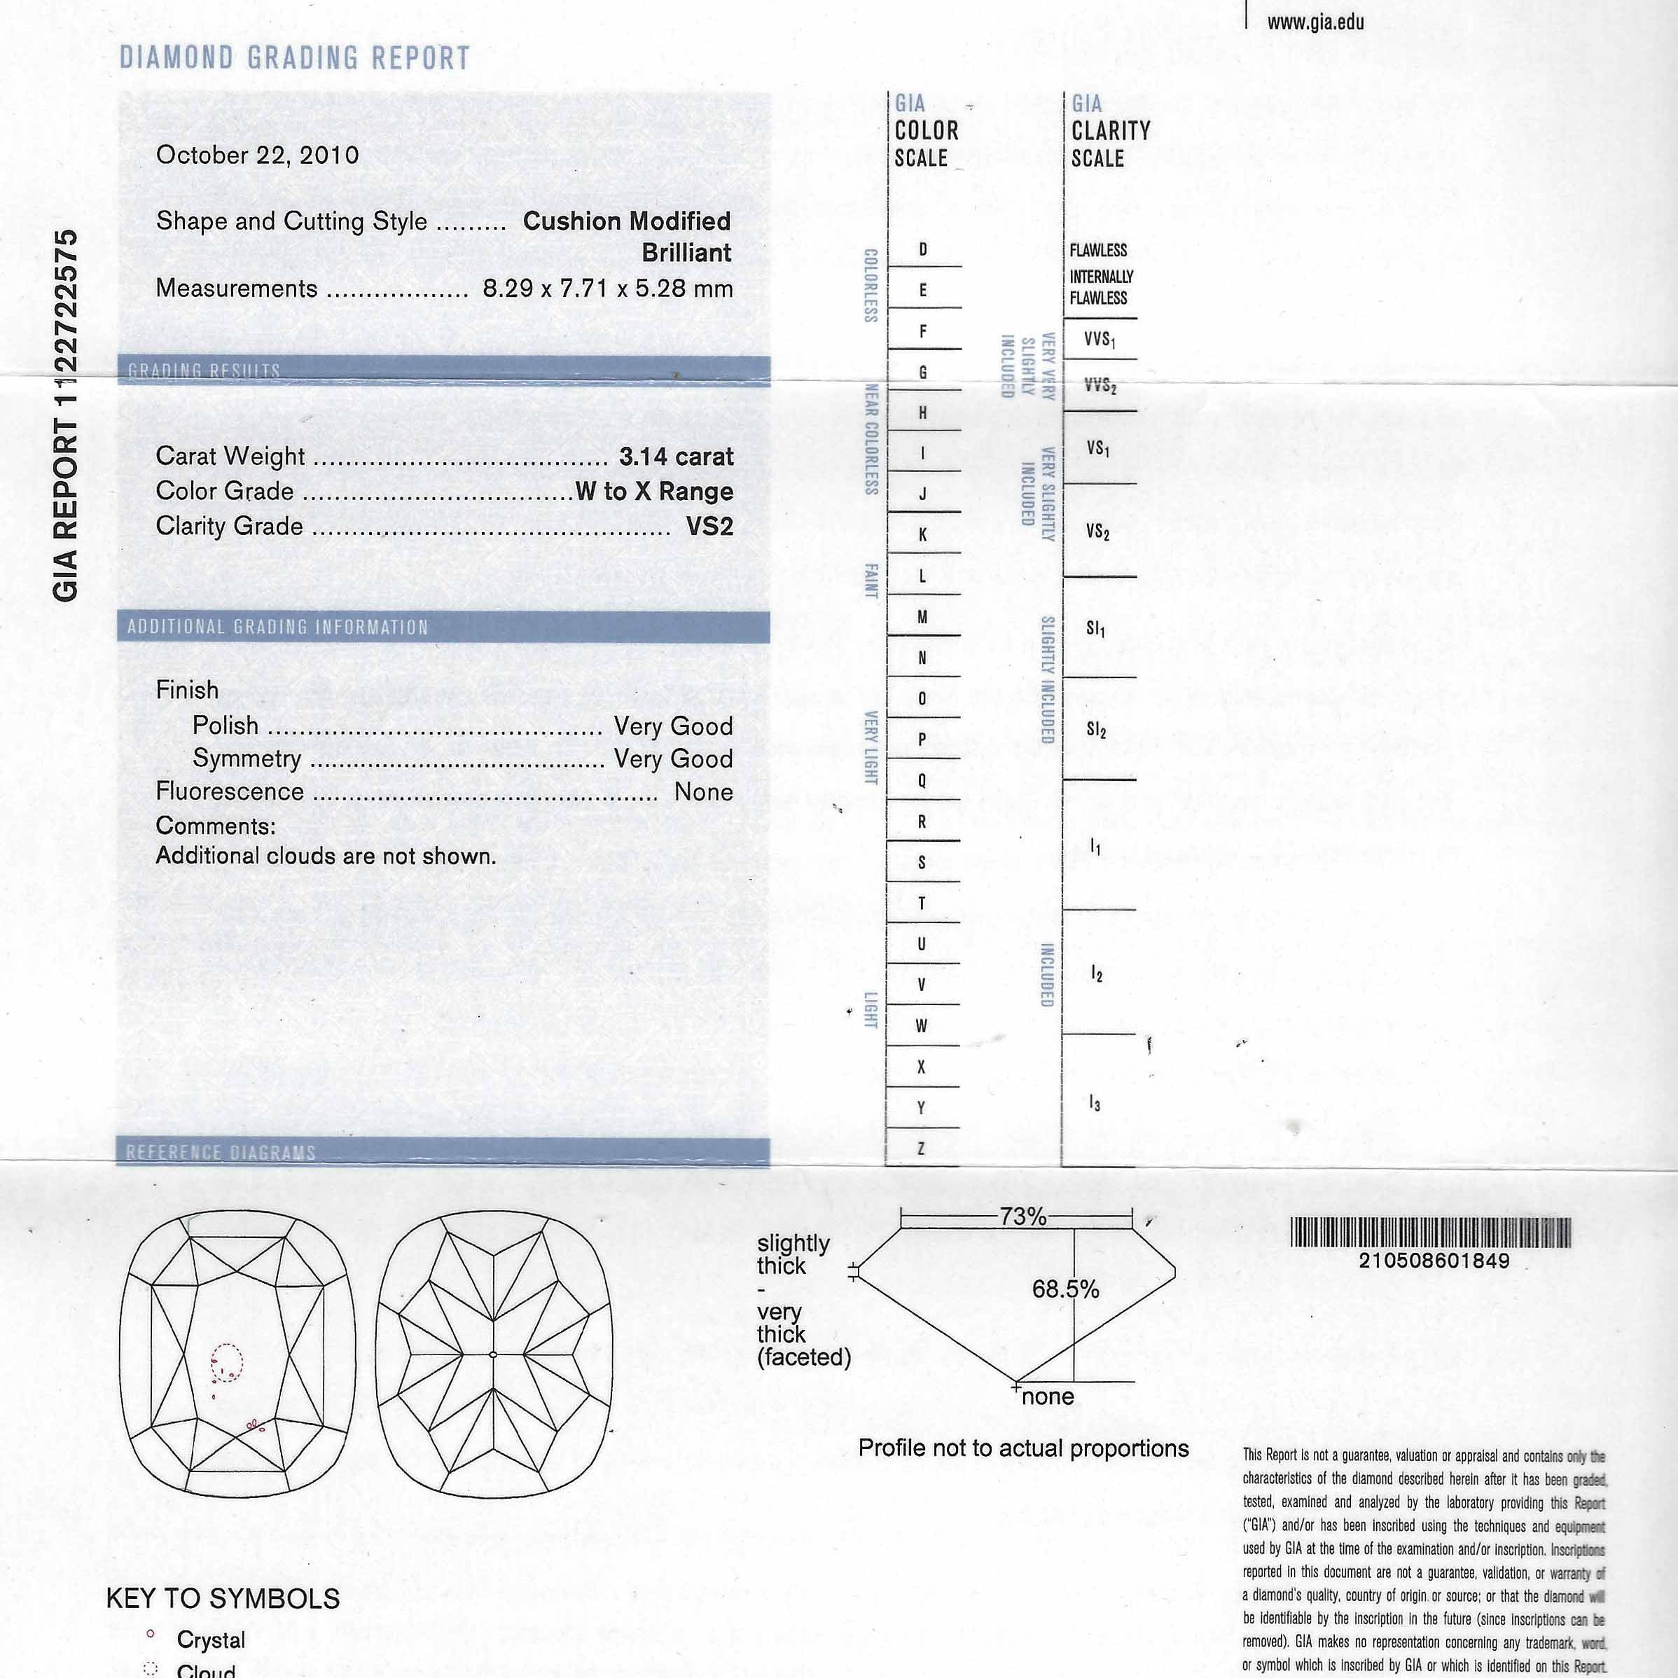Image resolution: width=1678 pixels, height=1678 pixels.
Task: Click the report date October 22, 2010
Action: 257,155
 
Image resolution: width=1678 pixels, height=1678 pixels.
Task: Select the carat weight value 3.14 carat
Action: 676,457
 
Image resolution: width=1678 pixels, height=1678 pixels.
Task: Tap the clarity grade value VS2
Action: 709,527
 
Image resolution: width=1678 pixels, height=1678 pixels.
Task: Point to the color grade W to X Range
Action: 654,492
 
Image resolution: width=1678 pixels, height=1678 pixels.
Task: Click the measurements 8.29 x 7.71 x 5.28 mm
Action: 608,289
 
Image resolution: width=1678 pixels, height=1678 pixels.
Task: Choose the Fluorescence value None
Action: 704,792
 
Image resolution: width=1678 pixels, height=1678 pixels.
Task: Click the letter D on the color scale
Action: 922,250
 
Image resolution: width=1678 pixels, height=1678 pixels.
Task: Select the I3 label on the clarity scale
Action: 1095,1103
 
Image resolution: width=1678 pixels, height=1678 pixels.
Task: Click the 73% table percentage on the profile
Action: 1023,1216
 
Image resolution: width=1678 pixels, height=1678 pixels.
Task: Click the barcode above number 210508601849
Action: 1431,1233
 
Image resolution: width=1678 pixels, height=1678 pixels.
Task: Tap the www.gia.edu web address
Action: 1315,22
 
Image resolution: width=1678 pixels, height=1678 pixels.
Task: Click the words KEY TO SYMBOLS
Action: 223,1599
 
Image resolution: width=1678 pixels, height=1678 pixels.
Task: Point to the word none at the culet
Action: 1048,1396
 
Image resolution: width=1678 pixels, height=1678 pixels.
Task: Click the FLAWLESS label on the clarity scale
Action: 1098,250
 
